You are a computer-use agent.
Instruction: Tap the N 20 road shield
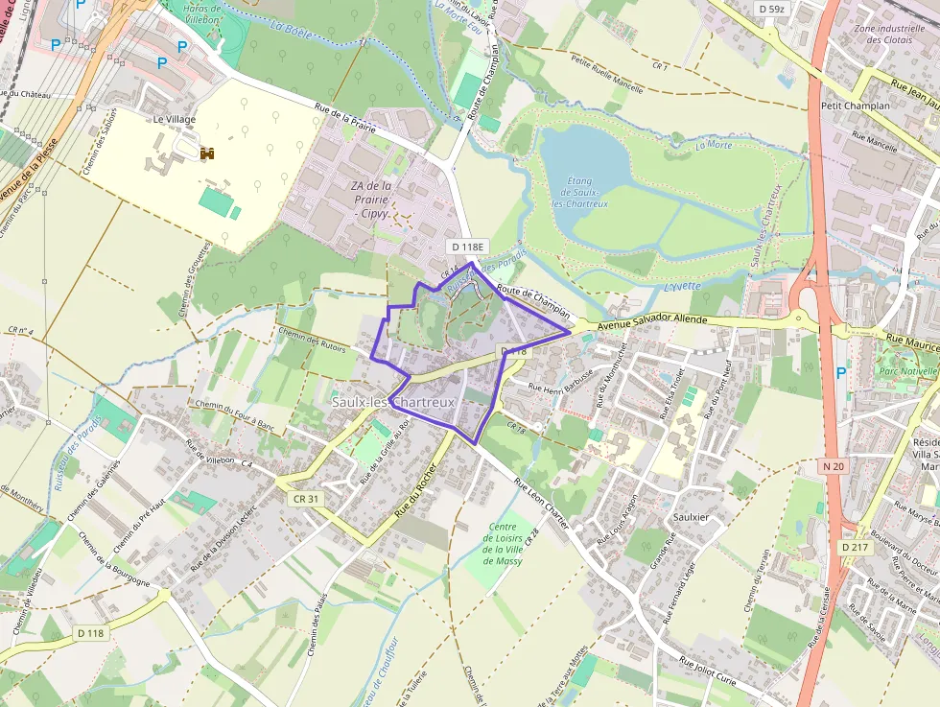832,466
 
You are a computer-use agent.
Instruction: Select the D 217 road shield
857,547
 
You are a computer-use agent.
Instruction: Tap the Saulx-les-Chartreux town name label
393,402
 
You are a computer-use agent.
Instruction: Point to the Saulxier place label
691,516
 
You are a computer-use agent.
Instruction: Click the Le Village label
174,119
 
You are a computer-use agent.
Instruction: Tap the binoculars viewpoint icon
207,153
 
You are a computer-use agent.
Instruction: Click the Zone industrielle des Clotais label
887,34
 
